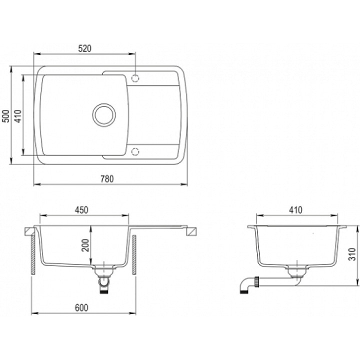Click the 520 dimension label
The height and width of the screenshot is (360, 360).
[84, 48]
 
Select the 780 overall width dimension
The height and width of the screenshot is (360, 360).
[107, 179]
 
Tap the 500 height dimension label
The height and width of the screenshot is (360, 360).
[6, 116]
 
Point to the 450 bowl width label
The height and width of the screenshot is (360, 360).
[81, 210]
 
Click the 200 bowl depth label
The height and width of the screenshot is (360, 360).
[85, 245]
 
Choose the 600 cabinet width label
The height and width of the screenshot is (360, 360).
[81, 308]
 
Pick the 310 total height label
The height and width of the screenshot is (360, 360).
[352, 254]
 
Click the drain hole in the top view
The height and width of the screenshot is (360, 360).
[104, 115]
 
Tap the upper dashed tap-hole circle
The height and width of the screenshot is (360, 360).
[135, 78]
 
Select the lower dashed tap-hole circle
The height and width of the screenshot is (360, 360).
[135, 152]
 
